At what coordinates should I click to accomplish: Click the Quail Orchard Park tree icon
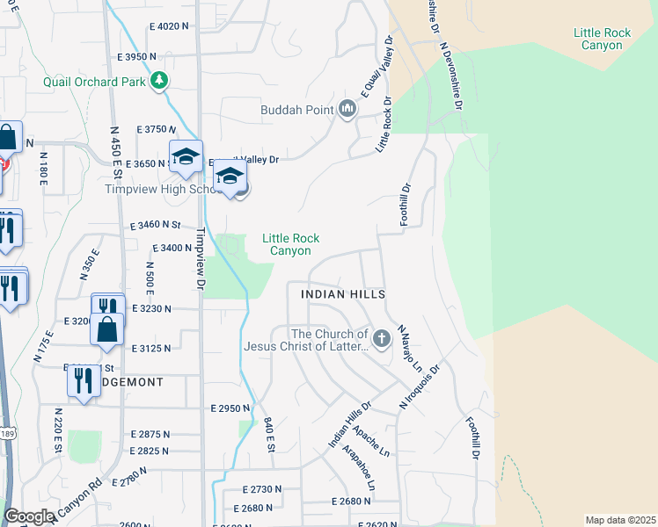pos(159,82)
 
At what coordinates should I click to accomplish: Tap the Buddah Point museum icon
pos(347,110)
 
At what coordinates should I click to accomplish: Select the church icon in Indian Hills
pos(382,339)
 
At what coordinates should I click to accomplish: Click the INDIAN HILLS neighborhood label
pos(343,294)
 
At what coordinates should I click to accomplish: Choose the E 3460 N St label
pos(155,225)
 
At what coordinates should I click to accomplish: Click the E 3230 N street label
pos(151,308)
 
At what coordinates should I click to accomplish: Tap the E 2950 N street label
pos(230,408)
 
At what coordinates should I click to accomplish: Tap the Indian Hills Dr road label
pos(350,425)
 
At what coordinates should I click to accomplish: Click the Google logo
pos(28,516)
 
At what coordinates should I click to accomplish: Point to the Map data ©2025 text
pos(620,520)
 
